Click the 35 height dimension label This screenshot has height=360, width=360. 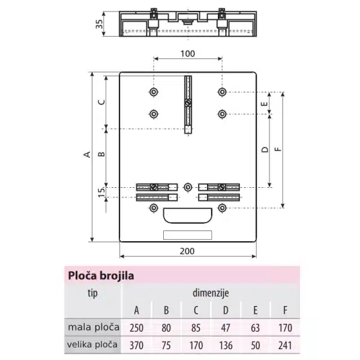click(x=99, y=24)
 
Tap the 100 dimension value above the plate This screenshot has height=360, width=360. click(x=188, y=54)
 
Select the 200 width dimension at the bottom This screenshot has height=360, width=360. click(x=187, y=251)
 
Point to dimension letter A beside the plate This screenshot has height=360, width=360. click(x=87, y=154)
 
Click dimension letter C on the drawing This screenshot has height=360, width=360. click(x=101, y=102)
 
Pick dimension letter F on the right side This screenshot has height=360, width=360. click(x=278, y=149)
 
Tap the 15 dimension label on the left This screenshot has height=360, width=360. click(x=101, y=192)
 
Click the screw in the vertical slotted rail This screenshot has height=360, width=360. click(x=188, y=103)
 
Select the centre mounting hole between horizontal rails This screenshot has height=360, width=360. click(x=188, y=187)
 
